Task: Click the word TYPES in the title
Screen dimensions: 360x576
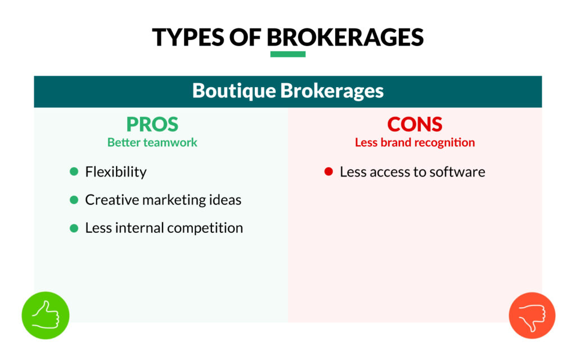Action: pos(185,37)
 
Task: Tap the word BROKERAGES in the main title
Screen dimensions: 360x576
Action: pos(345,37)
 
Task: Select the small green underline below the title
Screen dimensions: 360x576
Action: pos(287,55)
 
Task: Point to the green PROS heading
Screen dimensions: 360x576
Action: pos(152,124)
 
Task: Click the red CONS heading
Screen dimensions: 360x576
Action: pos(415,124)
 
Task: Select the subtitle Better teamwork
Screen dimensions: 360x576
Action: pos(152,142)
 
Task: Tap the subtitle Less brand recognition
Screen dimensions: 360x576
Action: pos(415,142)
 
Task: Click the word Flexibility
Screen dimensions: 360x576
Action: pos(115,172)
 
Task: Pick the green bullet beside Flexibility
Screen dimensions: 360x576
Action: pos(74,172)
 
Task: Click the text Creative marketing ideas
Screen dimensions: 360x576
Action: pos(163,200)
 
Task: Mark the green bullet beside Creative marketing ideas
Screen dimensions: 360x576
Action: pos(74,200)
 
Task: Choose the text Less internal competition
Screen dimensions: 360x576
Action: pos(164,228)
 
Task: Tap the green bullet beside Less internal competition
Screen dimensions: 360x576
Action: pos(74,228)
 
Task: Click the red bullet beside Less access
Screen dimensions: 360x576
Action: pos(329,172)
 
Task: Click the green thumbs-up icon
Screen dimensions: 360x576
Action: pos(46,316)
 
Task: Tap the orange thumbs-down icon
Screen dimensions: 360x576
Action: pos(532,316)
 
